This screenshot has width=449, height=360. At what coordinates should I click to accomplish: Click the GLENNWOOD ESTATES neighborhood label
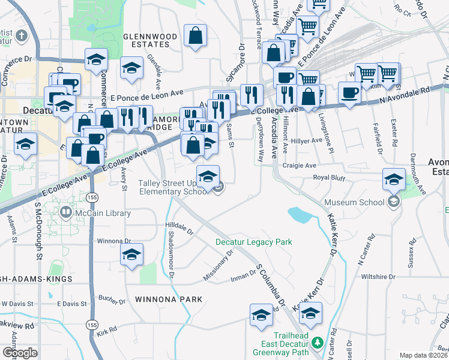150,41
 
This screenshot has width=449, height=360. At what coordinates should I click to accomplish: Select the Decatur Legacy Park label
254,242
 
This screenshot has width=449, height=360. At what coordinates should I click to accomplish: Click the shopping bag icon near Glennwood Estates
196,36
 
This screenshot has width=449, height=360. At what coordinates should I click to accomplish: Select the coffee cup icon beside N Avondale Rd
349,92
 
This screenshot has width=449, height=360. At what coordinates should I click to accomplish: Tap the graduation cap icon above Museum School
394,179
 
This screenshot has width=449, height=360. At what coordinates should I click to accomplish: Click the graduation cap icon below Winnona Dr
131,254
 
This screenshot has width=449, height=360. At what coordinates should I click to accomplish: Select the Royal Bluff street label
331,178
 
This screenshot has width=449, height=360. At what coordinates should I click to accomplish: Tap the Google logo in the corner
19,352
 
